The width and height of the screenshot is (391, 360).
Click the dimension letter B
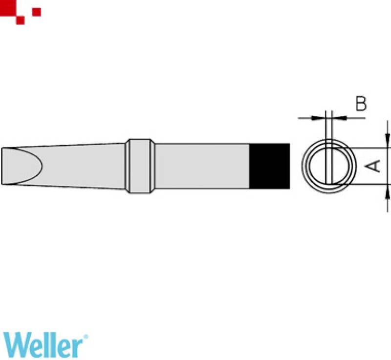tap(361, 103)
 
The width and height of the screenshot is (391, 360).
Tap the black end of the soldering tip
tap(270, 166)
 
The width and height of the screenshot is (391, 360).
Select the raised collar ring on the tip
tap(140, 166)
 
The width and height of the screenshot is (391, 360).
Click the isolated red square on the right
tap(36, 12)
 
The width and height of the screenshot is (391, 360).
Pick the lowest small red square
tap(20, 20)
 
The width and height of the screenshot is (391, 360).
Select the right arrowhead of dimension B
tap(339, 118)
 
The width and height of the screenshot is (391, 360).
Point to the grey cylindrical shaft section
tap(202, 166)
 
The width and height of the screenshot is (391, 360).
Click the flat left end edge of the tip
tap(2, 166)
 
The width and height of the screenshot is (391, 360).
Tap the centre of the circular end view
tap(329, 166)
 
